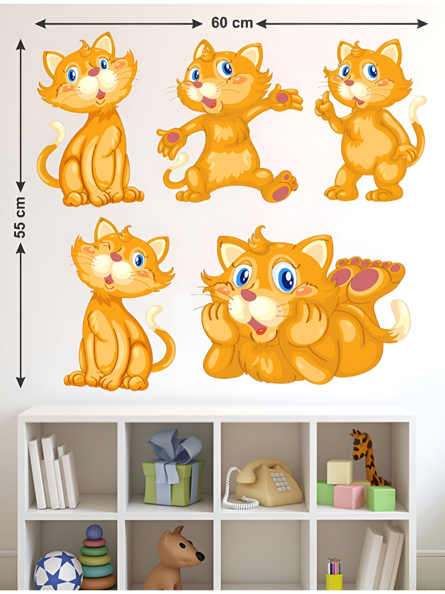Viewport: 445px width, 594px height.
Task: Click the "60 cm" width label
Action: coord(232,23)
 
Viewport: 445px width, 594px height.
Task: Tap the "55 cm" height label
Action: coord(20,217)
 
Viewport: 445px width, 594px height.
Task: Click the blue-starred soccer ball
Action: coord(59,571)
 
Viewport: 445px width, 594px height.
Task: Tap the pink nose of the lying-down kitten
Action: coord(248,295)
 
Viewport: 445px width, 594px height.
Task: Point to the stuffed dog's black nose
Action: coord(200,556)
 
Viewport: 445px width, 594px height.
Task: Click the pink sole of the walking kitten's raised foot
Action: coord(280,193)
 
